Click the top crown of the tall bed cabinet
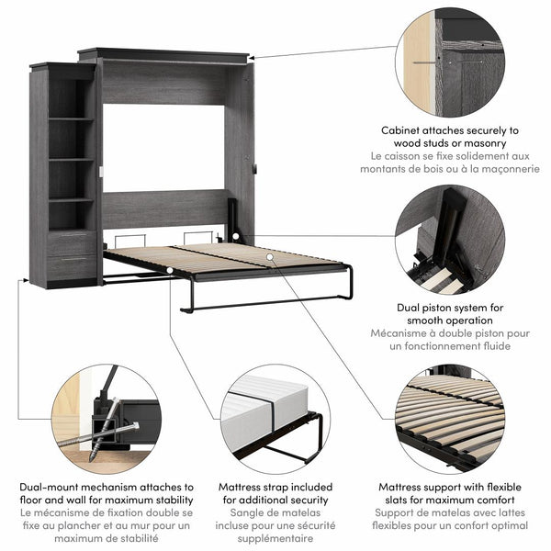(163, 54)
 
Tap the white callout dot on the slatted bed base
(270, 259)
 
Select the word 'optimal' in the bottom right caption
(504, 526)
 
